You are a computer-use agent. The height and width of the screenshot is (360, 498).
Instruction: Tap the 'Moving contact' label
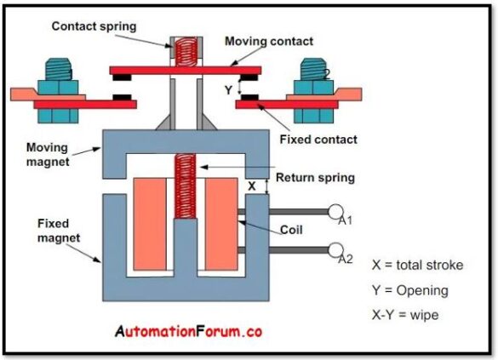tap(268, 41)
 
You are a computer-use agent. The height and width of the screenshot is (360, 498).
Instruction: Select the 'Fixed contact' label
tap(318, 139)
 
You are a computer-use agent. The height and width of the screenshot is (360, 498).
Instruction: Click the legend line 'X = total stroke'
tap(417, 265)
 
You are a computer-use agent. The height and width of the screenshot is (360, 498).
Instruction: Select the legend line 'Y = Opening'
tap(409, 290)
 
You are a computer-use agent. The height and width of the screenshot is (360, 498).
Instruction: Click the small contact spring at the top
tap(183, 51)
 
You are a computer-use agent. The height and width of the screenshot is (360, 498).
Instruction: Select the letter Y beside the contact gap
tap(228, 88)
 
